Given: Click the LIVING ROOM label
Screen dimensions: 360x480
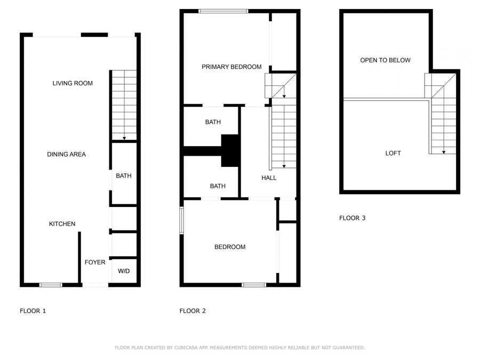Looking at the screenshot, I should (73, 83).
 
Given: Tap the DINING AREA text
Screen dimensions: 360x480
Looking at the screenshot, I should (66, 155).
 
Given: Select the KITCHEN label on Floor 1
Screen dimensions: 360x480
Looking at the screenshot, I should (62, 224).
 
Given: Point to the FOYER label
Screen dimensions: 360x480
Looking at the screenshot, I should (95, 262).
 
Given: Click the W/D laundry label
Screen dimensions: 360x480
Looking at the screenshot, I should (124, 271).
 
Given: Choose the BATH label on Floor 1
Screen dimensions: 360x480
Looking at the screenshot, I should (124, 176).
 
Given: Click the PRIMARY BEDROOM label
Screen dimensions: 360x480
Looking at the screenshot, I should (231, 67).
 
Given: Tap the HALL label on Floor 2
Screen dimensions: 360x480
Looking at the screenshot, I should (269, 178).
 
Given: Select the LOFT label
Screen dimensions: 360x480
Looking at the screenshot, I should (393, 154).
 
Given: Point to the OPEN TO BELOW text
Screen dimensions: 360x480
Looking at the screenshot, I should (385, 60).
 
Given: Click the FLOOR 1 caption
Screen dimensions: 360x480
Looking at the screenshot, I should (33, 311).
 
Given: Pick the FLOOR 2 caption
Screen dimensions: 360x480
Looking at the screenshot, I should (193, 311).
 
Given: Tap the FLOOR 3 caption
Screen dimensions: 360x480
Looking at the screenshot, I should (352, 218).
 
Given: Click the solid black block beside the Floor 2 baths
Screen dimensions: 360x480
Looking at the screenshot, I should (230, 151).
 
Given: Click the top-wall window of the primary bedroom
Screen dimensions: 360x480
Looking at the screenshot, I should (223, 11).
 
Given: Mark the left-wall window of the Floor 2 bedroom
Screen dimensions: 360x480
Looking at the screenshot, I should (181, 220).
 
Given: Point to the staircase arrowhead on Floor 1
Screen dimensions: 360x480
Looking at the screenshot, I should (124, 139).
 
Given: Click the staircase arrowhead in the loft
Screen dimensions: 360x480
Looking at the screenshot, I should (444, 153).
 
